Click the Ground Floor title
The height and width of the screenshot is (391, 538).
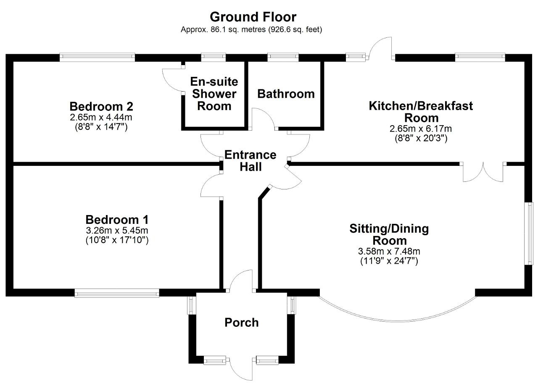point(253,17)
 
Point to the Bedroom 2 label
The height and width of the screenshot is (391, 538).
point(101,106)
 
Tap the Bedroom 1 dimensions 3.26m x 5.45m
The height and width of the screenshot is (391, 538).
point(117,231)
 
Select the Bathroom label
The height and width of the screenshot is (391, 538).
point(286,94)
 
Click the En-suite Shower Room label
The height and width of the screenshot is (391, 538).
point(214,94)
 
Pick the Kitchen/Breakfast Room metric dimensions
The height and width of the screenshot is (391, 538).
point(421,129)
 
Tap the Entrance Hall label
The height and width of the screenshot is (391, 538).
point(250,161)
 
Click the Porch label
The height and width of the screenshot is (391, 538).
point(242,323)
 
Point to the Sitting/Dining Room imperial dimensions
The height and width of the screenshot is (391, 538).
point(389,261)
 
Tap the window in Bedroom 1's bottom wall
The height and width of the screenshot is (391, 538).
point(117,293)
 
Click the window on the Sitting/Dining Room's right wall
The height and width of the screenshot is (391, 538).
point(529,234)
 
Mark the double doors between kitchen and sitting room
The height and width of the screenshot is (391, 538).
point(483,172)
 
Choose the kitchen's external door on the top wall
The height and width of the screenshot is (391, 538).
point(380,48)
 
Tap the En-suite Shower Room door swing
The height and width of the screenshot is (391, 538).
point(172,80)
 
